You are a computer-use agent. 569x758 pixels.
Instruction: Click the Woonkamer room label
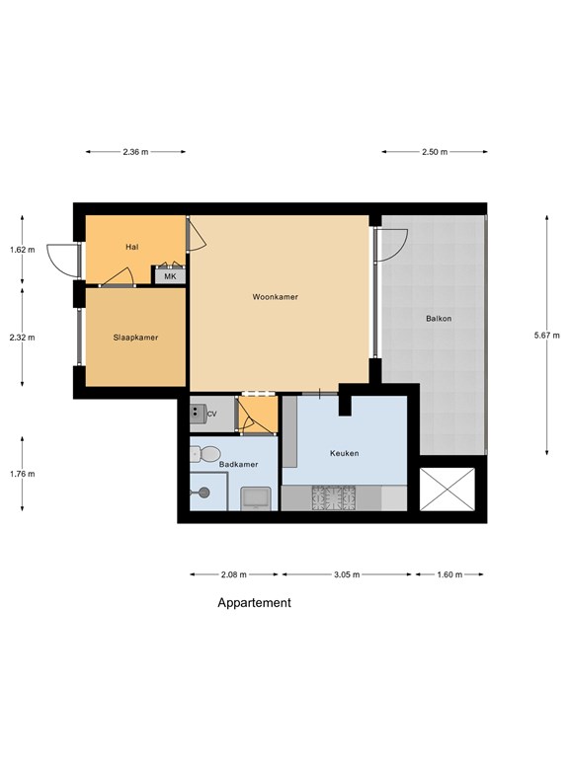[x=275, y=297]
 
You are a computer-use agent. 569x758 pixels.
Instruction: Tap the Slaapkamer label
[x=135, y=338]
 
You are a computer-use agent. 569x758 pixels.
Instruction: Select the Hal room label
[x=131, y=247]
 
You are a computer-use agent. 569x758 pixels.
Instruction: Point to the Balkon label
[x=439, y=319]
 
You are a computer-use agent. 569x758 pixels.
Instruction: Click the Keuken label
[x=344, y=453]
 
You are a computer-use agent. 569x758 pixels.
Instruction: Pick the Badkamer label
[x=238, y=465]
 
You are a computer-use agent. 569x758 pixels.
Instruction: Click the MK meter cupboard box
[x=170, y=276]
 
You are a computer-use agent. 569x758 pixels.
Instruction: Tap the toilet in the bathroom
[x=205, y=454]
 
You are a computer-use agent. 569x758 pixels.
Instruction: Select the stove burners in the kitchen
[x=333, y=497]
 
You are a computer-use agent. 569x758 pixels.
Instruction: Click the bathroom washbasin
[x=256, y=498]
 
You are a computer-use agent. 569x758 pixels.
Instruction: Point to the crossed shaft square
[x=447, y=489]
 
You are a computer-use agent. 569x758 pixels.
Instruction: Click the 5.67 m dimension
[x=546, y=335]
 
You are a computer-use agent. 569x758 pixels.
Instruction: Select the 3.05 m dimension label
[x=347, y=574]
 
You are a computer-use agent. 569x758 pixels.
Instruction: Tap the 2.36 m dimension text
[x=135, y=152]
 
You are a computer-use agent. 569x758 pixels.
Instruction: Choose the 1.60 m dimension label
[x=449, y=574]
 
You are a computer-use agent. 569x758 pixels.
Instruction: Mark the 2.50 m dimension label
[x=435, y=152]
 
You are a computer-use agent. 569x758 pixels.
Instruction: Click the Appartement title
[x=254, y=603]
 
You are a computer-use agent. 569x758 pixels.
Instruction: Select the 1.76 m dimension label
[x=23, y=474]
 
